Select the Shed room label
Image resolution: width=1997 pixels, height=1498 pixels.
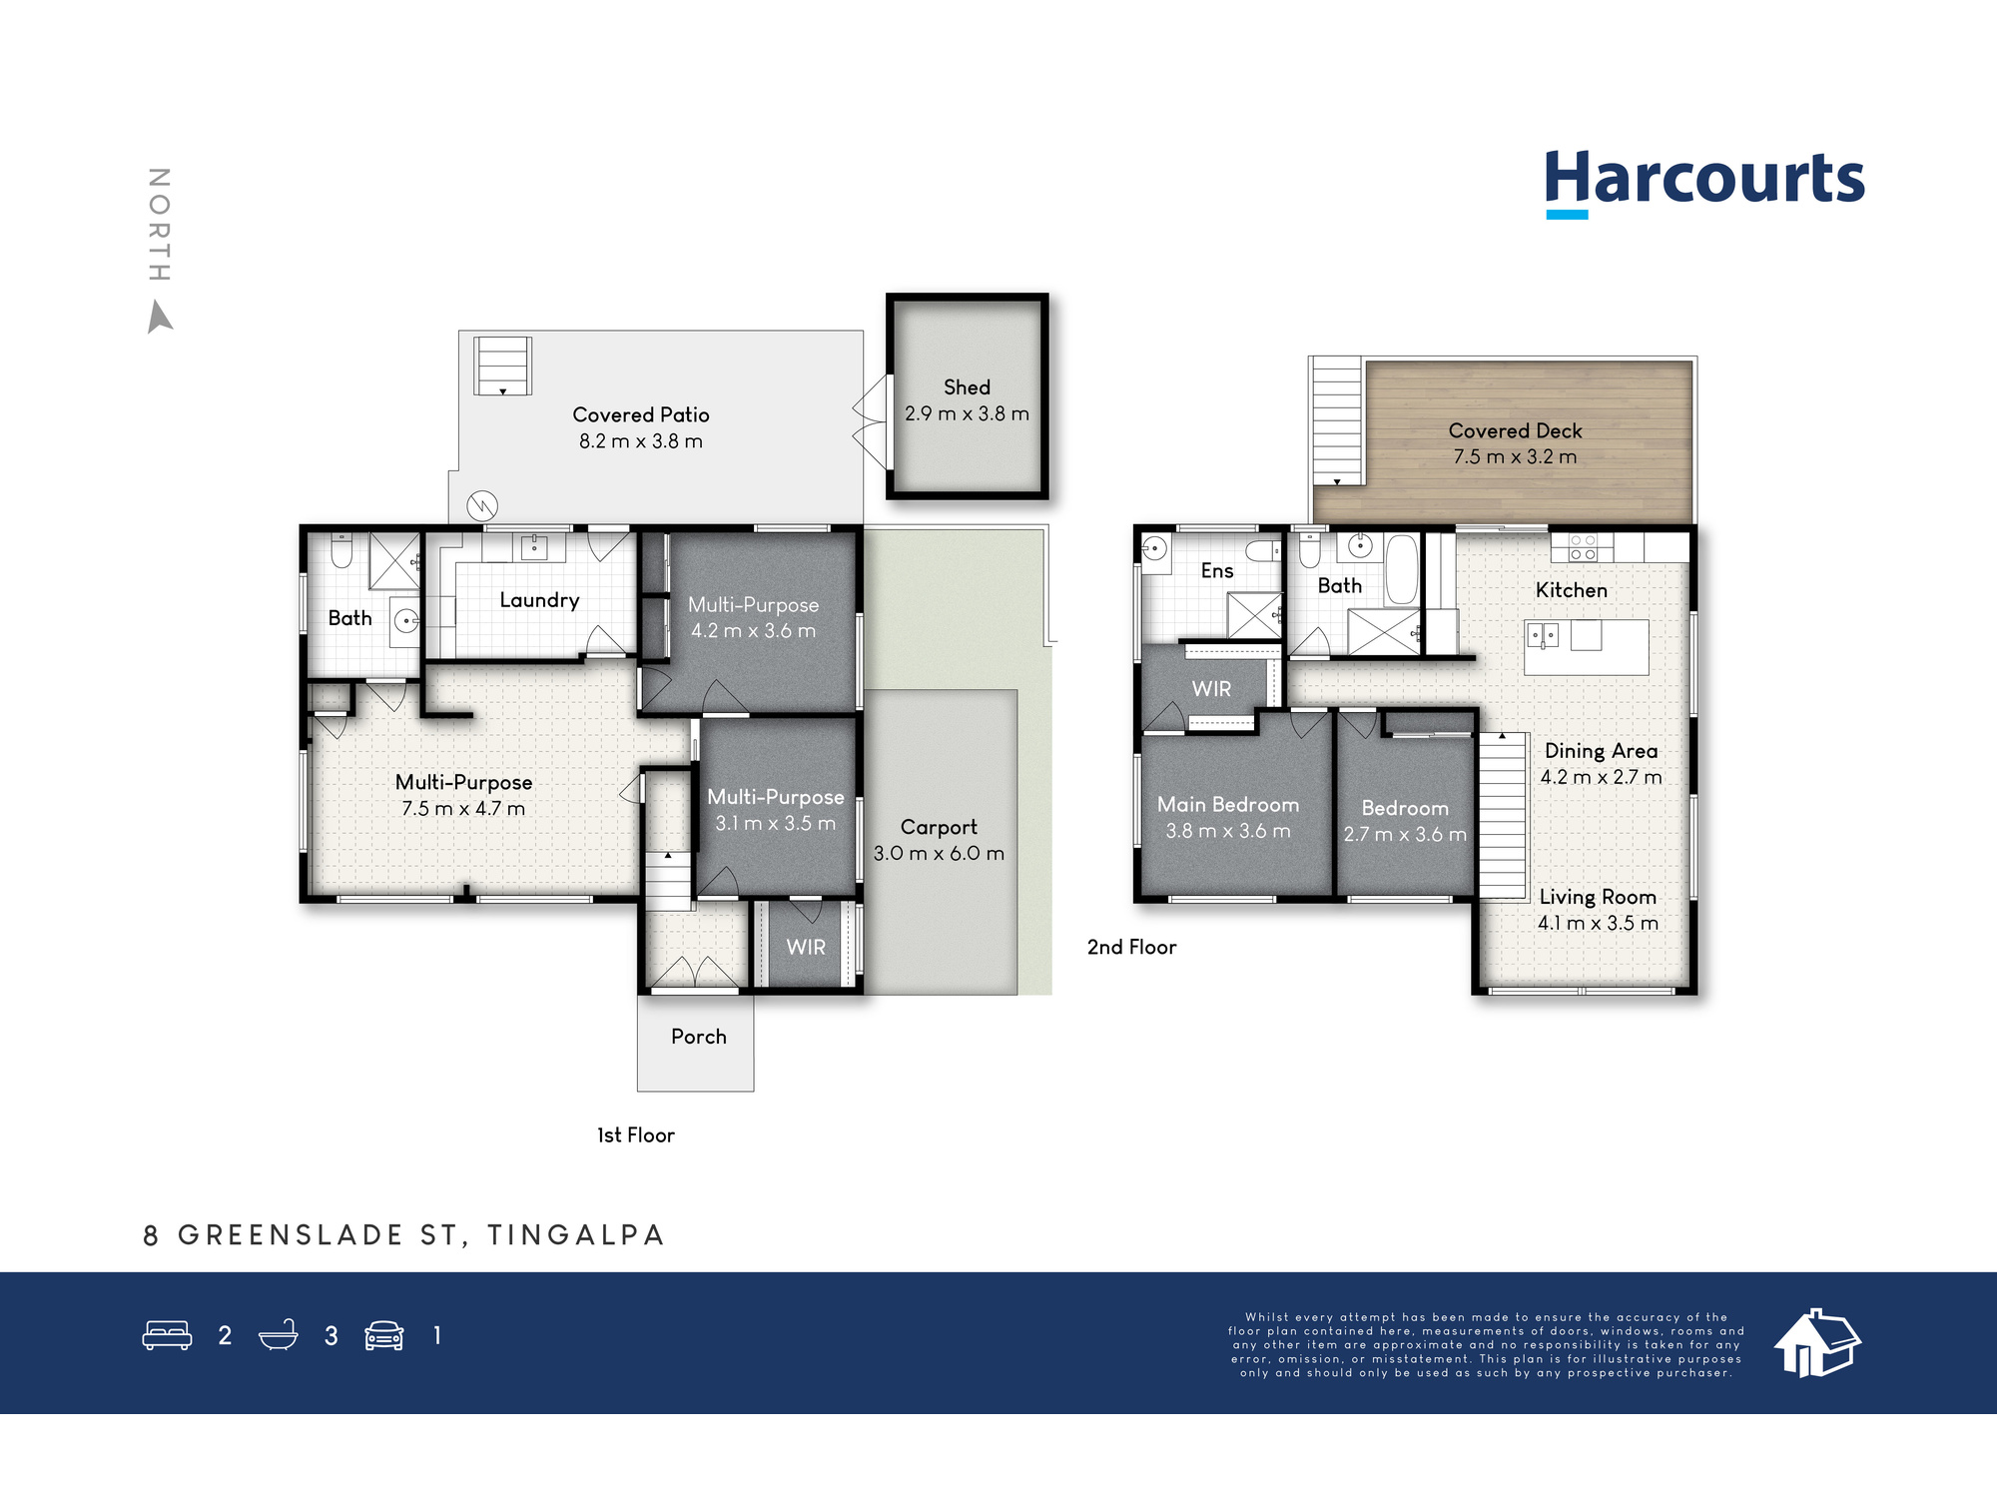(967, 387)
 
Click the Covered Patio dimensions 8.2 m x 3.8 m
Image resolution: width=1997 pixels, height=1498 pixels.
(641, 441)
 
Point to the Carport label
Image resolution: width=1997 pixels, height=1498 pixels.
(939, 828)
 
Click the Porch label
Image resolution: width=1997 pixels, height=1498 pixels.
(699, 1037)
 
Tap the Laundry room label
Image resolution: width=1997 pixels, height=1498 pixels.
(539, 600)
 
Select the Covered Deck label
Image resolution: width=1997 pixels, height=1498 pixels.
(1515, 431)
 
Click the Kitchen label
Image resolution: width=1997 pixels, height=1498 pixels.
(1572, 590)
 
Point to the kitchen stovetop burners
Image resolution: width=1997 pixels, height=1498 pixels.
(1583, 547)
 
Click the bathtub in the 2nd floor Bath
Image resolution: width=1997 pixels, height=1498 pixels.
(1401, 569)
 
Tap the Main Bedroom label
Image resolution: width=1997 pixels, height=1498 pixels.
(1228, 805)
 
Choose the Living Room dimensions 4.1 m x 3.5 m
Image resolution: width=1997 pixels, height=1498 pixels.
(1598, 924)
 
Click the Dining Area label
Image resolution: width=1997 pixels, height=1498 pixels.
(1601, 751)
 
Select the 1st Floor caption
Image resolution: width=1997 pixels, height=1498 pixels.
(636, 1135)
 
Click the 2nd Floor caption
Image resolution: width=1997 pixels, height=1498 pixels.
(1131, 947)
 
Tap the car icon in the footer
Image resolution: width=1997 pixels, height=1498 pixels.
(384, 1335)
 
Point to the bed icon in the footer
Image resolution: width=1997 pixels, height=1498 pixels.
(168, 1335)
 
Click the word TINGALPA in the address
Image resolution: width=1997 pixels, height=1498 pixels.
(576, 1235)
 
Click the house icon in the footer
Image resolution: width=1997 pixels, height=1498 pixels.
(1817, 1343)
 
